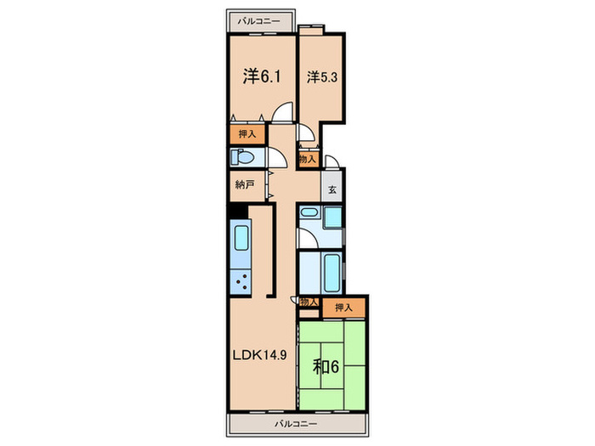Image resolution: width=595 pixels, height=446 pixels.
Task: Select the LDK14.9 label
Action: (x=258, y=356)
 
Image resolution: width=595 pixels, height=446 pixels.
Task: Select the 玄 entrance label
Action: (x=333, y=189)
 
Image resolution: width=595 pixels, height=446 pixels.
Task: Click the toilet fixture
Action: (x=242, y=158)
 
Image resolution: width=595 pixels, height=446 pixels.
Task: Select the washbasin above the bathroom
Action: (x=309, y=218)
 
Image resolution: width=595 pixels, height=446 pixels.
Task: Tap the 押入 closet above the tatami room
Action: (x=343, y=308)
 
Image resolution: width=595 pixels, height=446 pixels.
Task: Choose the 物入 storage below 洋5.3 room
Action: (x=308, y=158)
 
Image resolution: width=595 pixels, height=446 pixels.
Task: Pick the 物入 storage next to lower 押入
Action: (x=308, y=302)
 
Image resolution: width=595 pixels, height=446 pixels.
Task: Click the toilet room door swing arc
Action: (x=278, y=158)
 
